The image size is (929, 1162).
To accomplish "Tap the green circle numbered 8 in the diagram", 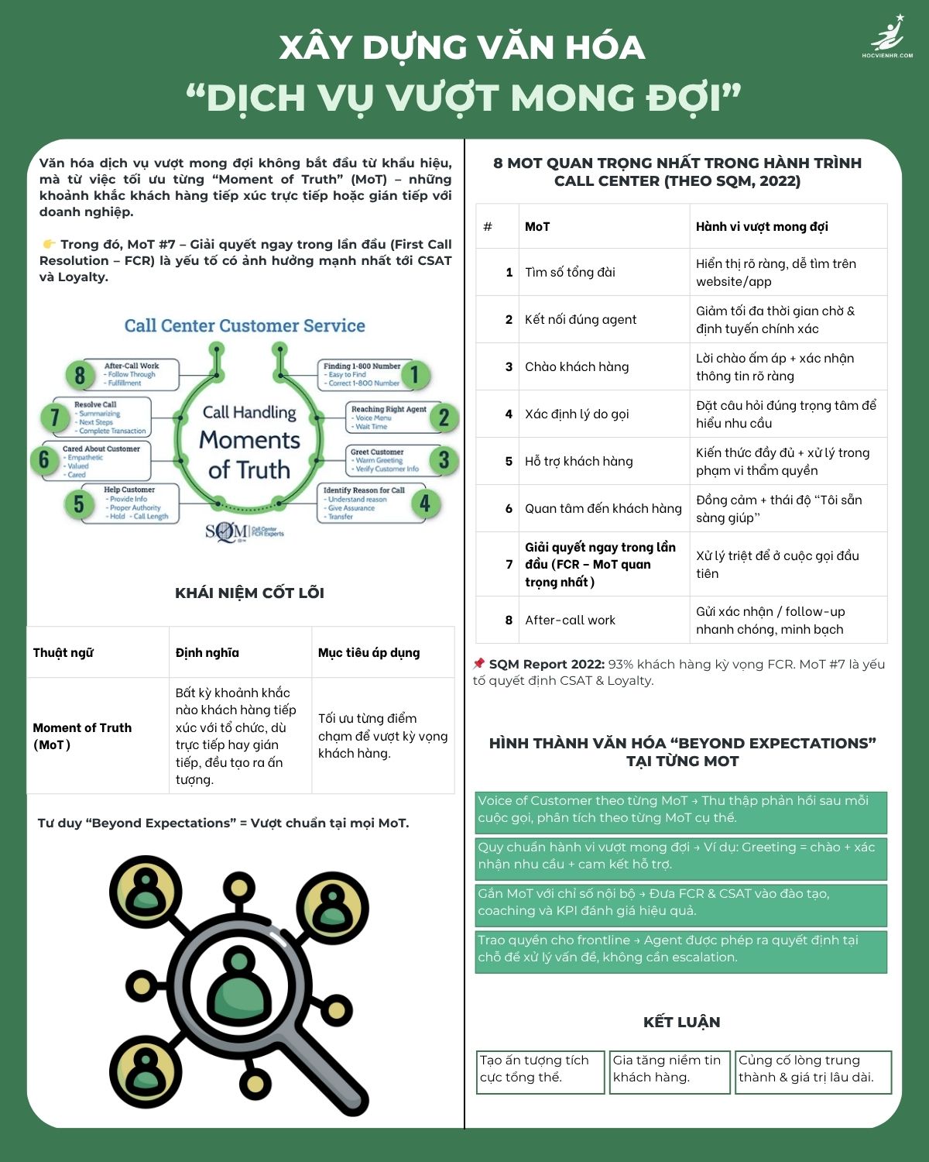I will [x=80, y=375].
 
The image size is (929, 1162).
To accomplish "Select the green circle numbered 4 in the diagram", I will [x=425, y=504].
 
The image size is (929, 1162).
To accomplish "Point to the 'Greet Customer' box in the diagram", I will [x=385, y=460].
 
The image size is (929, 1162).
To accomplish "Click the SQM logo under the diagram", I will [x=244, y=531].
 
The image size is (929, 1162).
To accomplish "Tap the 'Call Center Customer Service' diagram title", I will [x=245, y=326].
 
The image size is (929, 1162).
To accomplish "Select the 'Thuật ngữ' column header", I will [x=63, y=652].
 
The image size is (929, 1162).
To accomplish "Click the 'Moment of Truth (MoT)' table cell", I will [x=82, y=736].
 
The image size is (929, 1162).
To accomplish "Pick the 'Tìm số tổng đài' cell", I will [x=571, y=272].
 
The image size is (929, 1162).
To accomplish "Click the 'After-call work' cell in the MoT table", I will [x=571, y=620].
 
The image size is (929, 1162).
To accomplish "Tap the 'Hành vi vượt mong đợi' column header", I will [x=762, y=226].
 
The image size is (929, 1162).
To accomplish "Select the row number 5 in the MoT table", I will [x=509, y=461].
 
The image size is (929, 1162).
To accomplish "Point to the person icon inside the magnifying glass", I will [x=238, y=983].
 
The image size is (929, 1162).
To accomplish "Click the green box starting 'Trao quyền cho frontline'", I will [x=680, y=949].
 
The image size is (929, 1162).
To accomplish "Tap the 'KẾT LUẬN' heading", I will [x=681, y=1022].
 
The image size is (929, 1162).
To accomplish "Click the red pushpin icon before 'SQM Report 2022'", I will [x=479, y=664].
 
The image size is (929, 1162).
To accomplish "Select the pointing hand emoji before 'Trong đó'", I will [x=49, y=244].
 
